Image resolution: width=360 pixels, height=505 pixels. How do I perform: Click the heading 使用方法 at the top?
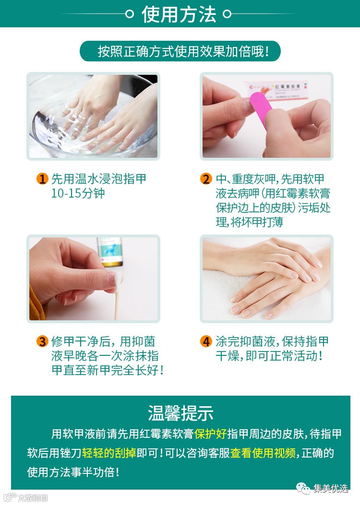pyautogui.click(x=179, y=14)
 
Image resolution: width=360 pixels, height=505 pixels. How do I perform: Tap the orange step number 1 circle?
pyautogui.click(x=42, y=178)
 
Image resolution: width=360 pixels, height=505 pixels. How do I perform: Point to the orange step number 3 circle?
pyautogui.click(x=42, y=341)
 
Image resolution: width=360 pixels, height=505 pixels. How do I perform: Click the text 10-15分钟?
pyautogui.click(x=78, y=193)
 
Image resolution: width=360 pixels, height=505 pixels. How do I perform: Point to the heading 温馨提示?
pyautogui.click(x=180, y=413)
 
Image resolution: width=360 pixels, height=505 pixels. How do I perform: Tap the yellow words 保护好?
pyautogui.click(x=210, y=434)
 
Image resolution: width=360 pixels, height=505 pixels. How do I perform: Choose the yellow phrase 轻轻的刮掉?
pyautogui.click(x=109, y=453)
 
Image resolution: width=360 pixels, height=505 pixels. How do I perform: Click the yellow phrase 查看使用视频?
pyautogui.click(x=263, y=453)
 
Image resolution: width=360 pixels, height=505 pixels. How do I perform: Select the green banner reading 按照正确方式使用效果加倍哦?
pyautogui.click(x=180, y=51)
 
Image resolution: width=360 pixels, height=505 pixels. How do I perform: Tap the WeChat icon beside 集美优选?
pyautogui.click(x=303, y=488)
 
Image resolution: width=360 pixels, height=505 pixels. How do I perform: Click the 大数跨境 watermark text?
pyautogui.click(x=33, y=498)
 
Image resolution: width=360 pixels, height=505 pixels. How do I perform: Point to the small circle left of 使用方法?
pyautogui.click(x=129, y=14)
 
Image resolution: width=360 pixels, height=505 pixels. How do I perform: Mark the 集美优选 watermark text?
pyautogui.click(x=331, y=489)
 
